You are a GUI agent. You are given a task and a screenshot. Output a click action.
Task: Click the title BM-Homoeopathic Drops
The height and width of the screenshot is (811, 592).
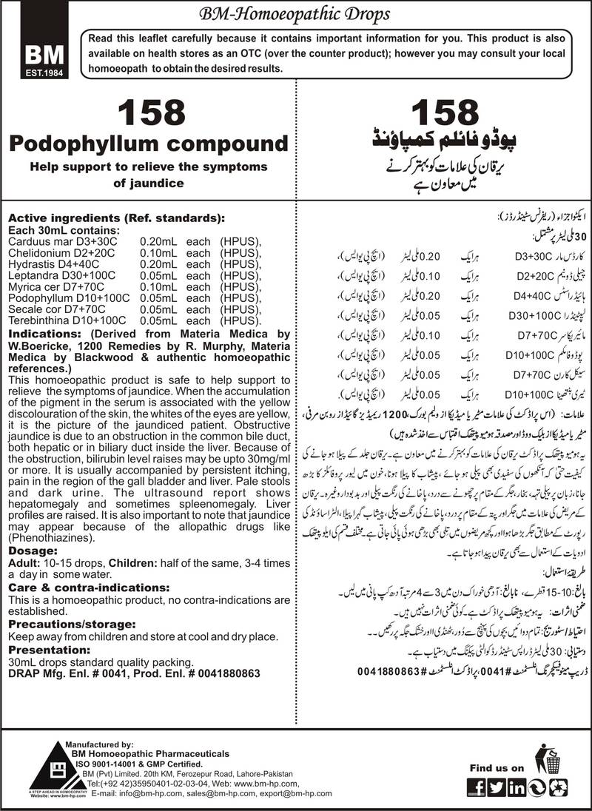click(296, 13)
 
